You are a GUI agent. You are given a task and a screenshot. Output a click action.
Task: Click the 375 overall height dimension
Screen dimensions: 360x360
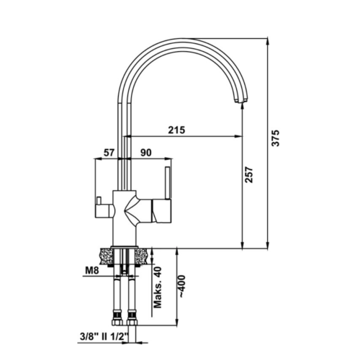[276, 138]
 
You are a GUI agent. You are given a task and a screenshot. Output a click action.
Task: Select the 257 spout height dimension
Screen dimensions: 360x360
[249, 175]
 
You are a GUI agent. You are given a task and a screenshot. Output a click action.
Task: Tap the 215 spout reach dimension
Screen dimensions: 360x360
[176, 130]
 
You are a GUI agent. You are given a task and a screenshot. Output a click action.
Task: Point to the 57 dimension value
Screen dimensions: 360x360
[109, 153]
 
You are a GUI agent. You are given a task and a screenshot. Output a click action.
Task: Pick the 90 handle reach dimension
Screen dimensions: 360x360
[146, 153]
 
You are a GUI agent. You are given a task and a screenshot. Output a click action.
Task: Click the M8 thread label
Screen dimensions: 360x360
[92, 271]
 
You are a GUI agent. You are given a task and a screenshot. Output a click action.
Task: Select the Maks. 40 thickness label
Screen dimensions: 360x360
[158, 287]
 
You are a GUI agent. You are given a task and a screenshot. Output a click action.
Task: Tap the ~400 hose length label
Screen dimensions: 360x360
[182, 287]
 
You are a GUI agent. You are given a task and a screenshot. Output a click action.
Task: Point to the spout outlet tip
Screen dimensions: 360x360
[240, 102]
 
